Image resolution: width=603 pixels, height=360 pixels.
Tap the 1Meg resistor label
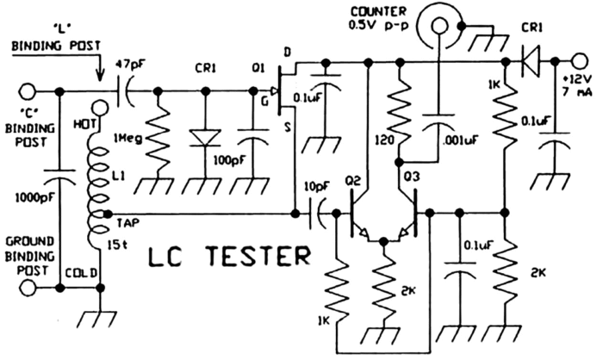(x=128, y=138)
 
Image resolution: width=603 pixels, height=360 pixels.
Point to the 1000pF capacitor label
(x=33, y=198)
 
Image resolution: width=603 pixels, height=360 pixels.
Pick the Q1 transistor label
(x=258, y=68)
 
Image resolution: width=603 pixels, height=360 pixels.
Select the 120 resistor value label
(x=384, y=140)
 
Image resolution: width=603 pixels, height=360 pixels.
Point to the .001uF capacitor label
(x=460, y=140)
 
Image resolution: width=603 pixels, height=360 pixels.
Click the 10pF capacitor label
(x=316, y=187)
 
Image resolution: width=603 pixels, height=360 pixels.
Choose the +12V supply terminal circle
(x=579, y=61)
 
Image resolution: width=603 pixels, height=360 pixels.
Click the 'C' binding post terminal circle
(x=28, y=92)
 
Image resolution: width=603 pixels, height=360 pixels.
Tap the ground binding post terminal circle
(x=28, y=288)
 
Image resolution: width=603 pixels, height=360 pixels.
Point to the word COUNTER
(x=377, y=12)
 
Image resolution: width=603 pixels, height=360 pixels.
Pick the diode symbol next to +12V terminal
(x=530, y=61)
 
